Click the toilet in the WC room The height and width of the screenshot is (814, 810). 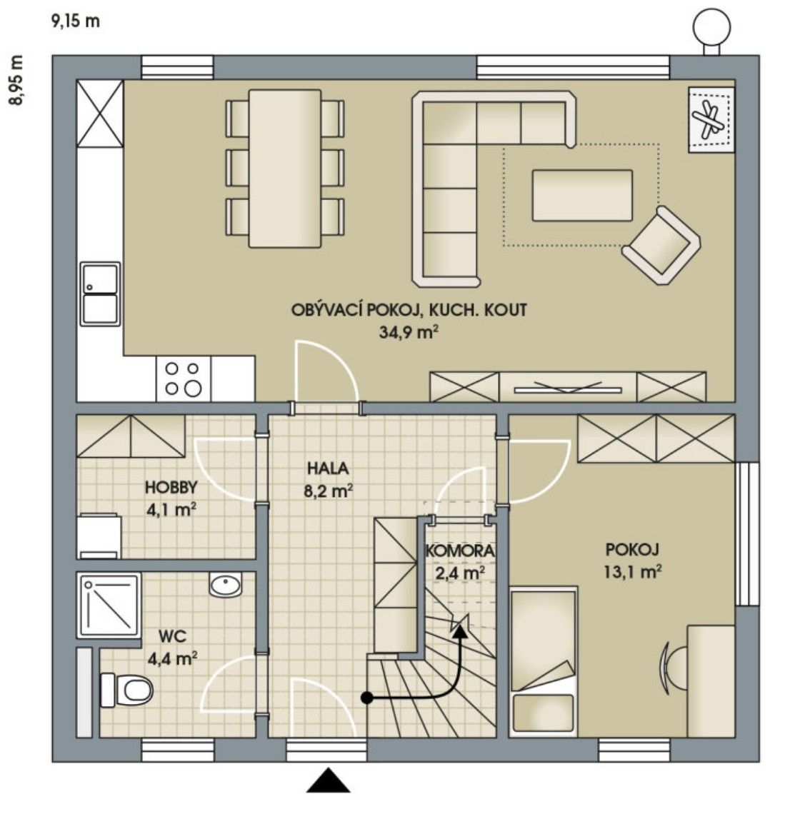click(129, 690)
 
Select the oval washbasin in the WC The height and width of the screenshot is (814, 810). click(226, 587)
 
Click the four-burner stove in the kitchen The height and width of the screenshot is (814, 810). click(183, 378)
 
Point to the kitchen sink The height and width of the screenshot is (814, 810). click(100, 293)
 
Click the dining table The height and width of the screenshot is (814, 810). click(284, 169)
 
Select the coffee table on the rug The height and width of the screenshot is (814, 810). click(581, 195)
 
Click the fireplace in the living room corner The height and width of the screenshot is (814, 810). click(711, 119)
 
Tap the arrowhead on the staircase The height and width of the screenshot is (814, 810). click(460, 627)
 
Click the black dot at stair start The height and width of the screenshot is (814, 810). click(366, 698)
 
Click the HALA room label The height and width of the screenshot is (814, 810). click(328, 469)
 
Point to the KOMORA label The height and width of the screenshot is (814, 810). click(459, 551)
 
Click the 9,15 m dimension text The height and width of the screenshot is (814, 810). click(75, 21)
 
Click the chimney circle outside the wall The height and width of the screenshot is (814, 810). click(711, 29)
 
